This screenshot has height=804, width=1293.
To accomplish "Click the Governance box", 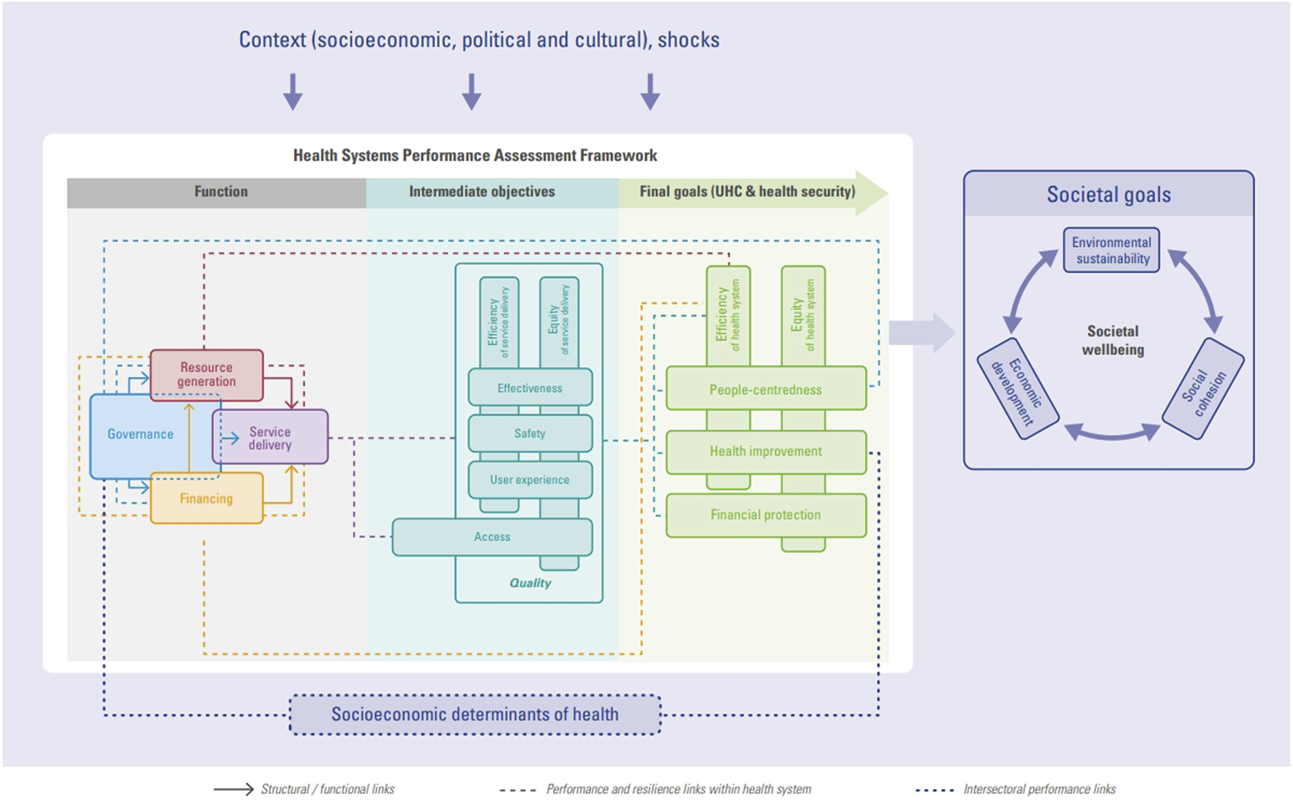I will point(140,434).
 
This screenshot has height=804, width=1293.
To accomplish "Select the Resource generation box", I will point(207,375).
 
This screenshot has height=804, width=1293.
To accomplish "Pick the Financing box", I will point(207,499).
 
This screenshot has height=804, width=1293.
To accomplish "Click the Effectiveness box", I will point(530,388).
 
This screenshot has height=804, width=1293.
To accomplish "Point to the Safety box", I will point(530,433).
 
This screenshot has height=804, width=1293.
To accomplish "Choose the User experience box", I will point(530,480).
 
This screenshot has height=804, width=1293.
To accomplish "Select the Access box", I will point(493,537).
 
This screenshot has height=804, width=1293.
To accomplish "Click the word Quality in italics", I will point(530,583).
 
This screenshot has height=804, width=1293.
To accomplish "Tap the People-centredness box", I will point(765,390).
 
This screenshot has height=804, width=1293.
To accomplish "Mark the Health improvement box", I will point(765,452).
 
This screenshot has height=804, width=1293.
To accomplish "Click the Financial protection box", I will point(765,515).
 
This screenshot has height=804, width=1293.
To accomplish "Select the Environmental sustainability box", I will point(1111,250).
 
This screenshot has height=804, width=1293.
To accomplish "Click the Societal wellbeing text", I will point(1112,341).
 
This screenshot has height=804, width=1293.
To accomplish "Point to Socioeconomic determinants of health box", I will point(475,714).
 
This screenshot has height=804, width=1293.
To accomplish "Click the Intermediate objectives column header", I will point(482,192).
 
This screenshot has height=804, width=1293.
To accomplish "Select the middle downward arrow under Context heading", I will point(471,92).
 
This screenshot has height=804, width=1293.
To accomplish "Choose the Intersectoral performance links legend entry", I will point(1038,789).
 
